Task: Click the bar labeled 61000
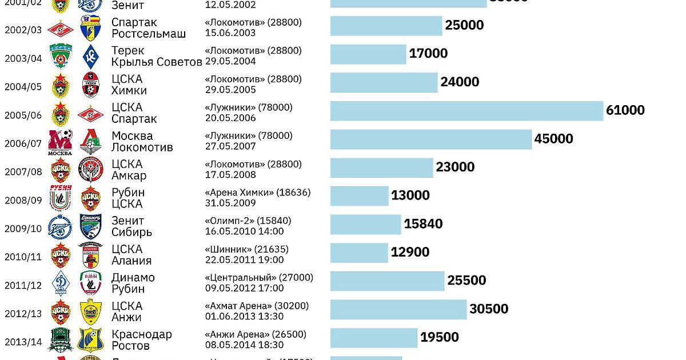pyautogui.click(x=466, y=111)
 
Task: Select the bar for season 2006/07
pyautogui.click(x=431, y=139)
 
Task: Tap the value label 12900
pyautogui.click(x=410, y=252)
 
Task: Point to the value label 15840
pyautogui.click(x=423, y=224)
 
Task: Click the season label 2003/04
pyautogui.click(x=23, y=58)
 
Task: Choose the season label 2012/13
pyautogui.click(x=23, y=314)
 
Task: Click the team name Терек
pyautogui.click(x=128, y=51)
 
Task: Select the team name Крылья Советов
pyautogui.click(x=157, y=62)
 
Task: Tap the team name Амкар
pyautogui.click(x=129, y=175)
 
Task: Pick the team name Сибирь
pyautogui.click(x=131, y=232)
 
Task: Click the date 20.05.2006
pyautogui.click(x=230, y=118)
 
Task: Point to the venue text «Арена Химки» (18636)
pyautogui.click(x=258, y=193)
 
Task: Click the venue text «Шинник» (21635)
pyautogui.click(x=246, y=249)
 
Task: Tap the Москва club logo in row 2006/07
pyautogui.click(x=61, y=142)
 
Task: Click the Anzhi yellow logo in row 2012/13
pyautogui.click(x=90, y=313)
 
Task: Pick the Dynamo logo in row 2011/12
pyautogui.click(x=61, y=284)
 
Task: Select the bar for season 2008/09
pyautogui.click(x=359, y=196)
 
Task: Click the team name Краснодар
pyautogui.click(x=141, y=334)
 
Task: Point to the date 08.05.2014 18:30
pyautogui.click(x=244, y=345)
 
